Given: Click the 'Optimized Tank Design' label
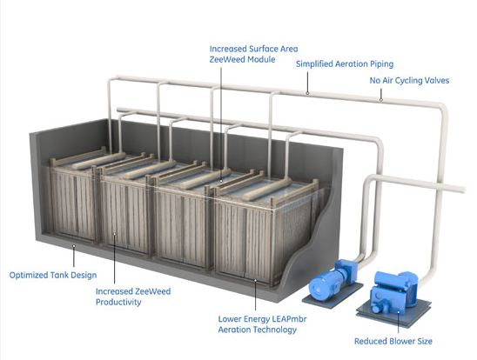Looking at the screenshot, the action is (x=53, y=276).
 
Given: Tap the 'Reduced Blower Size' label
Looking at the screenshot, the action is (x=393, y=341).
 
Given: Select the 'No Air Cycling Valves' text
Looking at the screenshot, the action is (x=409, y=81).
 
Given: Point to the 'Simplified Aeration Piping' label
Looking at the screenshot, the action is (x=345, y=64).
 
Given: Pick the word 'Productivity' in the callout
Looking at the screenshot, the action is (x=118, y=303).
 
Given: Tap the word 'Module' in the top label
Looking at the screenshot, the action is (x=261, y=59).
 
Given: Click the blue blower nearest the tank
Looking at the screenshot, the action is (x=333, y=278).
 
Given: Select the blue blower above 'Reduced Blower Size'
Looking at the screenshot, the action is (x=393, y=290).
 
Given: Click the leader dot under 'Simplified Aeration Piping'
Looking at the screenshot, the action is (x=307, y=93).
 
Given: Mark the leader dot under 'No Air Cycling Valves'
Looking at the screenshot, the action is (x=380, y=99).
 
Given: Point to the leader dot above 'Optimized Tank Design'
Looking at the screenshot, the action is (x=74, y=246).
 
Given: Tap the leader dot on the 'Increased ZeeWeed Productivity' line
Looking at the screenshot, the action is (x=114, y=234).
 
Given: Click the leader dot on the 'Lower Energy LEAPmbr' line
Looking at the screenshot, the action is (x=255, y=280).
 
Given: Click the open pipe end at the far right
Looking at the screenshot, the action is (x=464, y=190).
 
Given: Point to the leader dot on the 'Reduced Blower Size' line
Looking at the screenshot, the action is (x=398, y=312).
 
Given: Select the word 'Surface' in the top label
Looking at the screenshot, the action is (x=264, y=49).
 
